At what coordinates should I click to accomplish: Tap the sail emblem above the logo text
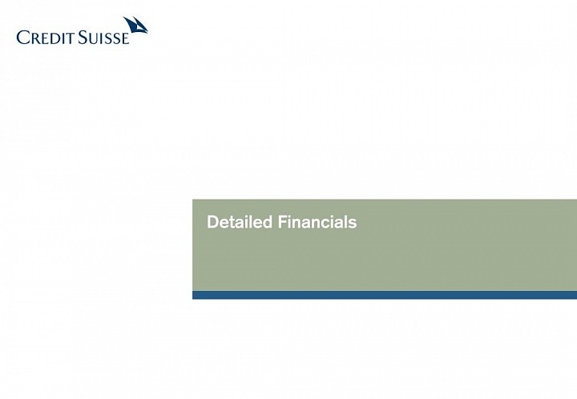pyautogui.click(x=135, y=25)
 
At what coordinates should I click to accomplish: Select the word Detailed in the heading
pyautogui.click(x=240, y=222)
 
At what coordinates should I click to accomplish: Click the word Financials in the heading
pyautogui.click(x=317, y=222)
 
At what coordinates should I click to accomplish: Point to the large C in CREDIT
pyautogui.click(x=22, y=38)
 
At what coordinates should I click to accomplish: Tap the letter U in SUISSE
pyautogui.click(x=93, y=38)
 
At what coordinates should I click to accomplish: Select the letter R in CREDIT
pyautogui.click(x=35, y=38)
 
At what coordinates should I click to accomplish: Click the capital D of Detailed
pyautogui.click(x=213, y=222)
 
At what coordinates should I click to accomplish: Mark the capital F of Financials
pyautogui.click(x=283, y=222)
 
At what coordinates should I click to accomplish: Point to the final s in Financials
pyautogui.click(x=353, y=224)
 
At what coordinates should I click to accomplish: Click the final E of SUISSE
pyautogui.click(x=126, y=38)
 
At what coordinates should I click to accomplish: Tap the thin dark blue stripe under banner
pyautogui.click(x=385, y=295)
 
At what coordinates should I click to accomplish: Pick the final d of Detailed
pyautogui.click(x=268, y=222)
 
